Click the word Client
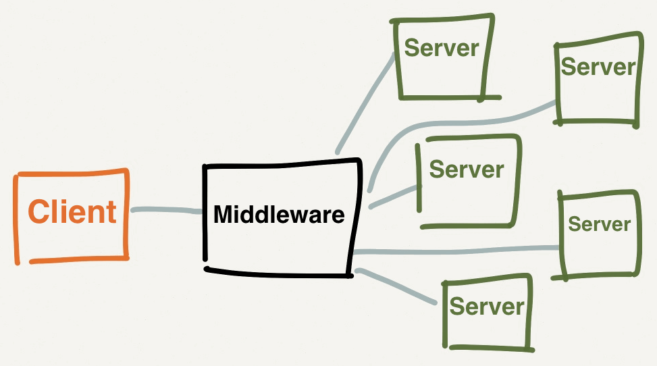[72, 211]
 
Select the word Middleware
[279, 215]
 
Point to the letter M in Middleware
[224, 215]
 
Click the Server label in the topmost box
[441, 47]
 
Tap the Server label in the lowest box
[486, 306]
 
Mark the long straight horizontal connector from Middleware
[459, 251]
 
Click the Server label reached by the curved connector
[598, 66]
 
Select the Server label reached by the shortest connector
[467, 169]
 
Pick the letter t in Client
[110, 212]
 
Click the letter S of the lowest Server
[458, 306]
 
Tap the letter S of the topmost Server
[412, 47]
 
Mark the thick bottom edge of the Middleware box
[277, 272]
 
